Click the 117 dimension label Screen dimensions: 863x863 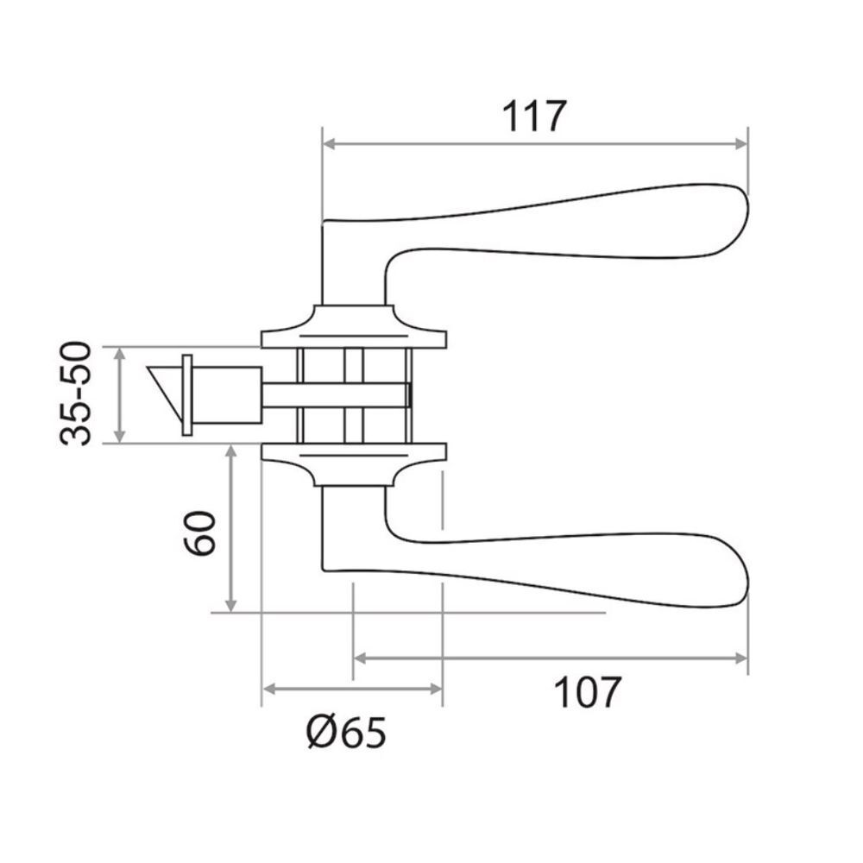(534, 117)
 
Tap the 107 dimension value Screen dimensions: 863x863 (587, 692)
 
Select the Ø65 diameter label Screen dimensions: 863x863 (346, 733)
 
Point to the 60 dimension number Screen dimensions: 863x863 (199, 533)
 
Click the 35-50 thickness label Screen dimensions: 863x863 (75, 393)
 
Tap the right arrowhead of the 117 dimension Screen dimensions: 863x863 (742, 144)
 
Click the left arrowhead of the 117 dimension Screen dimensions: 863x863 (329, 144)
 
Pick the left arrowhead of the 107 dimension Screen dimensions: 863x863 (360, 658)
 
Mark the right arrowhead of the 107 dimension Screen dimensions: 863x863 (742, 658)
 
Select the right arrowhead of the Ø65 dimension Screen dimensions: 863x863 (436, 689)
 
